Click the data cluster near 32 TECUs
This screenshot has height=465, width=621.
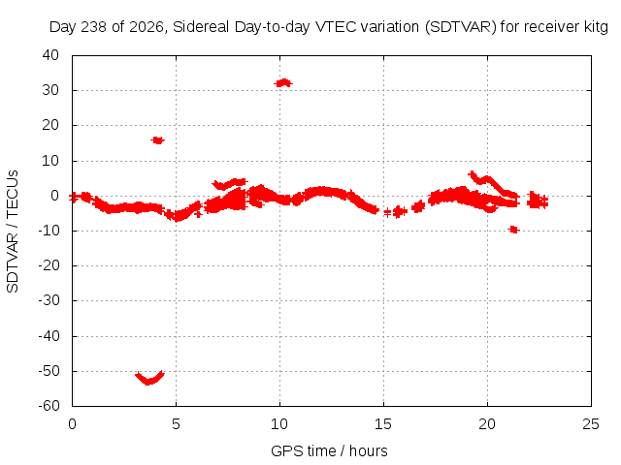click(x=283, y=83)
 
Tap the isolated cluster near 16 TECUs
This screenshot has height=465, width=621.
click(x=157, y=139)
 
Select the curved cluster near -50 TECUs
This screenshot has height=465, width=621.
click(x=149, y=379)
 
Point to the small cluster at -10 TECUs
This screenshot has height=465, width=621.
click(x=513, y=230)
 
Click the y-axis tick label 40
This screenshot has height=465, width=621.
click(x=50, y=55)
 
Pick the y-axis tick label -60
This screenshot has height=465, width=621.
click(x=49, y=406)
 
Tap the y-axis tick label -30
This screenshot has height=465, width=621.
click(x=49, y=300)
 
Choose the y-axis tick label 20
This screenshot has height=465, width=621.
click(x=50, y=125)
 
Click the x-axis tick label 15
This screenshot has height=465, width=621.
click(x=383, y=424)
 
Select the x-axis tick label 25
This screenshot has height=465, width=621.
click(x=591, y=424)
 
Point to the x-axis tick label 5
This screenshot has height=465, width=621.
click(x=176, y=424)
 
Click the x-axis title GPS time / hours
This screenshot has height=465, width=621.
click(x=329, y=450)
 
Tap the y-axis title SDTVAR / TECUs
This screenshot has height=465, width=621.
click(x=13, y=232)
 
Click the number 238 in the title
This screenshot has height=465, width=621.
click(x=94, y=27)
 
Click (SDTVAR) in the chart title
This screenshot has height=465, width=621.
click(x=461, y=27)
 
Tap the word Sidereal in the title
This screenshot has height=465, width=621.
click(x=201, y=27)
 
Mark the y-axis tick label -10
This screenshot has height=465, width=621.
click(x=49, y=231)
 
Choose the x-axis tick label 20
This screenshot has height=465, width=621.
click(x=487, y=424)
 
